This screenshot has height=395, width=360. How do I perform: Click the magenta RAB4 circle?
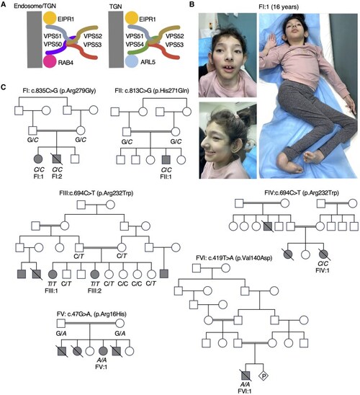point(50,61)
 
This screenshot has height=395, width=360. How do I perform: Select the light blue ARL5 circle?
point(131,61)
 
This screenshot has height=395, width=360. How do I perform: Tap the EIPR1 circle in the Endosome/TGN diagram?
point(50,18)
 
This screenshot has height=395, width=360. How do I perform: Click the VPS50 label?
point(53,45)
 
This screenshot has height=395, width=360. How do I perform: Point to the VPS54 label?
point(135,45)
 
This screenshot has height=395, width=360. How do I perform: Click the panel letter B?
point(192,4)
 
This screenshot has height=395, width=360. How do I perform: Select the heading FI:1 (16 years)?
point(279,6)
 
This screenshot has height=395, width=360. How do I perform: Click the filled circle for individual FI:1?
point(38,159)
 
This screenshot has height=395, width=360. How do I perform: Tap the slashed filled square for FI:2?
point(57,159)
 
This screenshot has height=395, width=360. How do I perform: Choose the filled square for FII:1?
point(166,160)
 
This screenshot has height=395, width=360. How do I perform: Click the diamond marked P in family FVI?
point(264,376)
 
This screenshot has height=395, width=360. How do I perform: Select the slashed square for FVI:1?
point(246,376)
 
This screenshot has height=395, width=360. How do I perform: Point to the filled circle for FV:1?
point(104,351)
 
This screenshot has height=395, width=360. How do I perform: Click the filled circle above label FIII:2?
point(95,274)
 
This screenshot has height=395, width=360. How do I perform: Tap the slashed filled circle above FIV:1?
point(323,254)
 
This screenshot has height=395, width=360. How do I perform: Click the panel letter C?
point(4,87)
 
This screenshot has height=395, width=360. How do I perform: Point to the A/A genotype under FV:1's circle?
point(103,360)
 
